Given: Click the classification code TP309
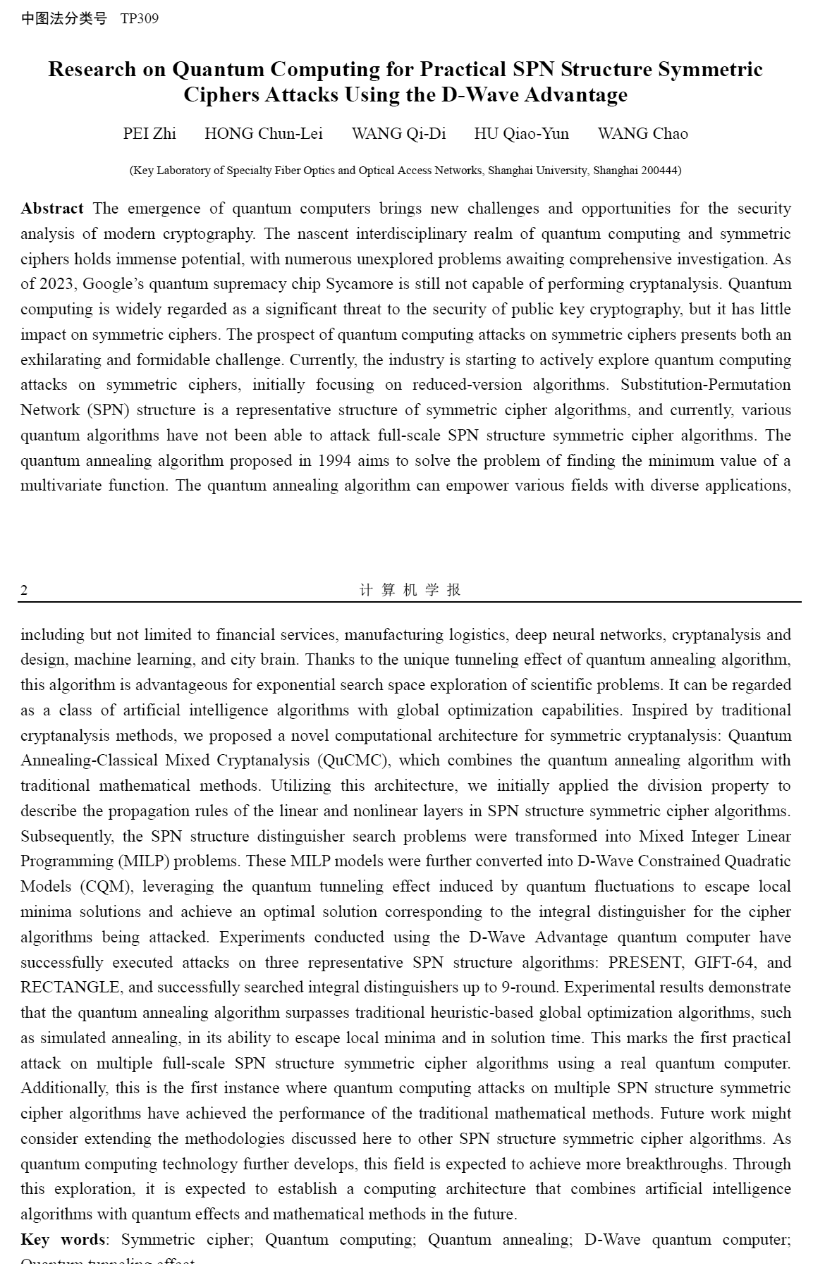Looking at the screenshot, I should point(140,19).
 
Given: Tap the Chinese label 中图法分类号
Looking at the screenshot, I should point(63,19).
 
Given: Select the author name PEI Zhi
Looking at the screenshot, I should point(149,134).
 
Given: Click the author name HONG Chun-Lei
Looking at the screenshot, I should point(264,134).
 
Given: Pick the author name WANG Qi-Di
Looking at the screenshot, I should point(399,134).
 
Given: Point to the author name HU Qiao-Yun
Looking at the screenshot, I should point(522,134).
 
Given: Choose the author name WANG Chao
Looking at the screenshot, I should point(643,134).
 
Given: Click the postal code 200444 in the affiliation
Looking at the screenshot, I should point(659,171).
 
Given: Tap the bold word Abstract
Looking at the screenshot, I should point(52,209).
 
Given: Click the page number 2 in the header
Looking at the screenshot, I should point(24,591).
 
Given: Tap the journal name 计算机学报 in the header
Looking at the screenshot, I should point(410,590).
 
